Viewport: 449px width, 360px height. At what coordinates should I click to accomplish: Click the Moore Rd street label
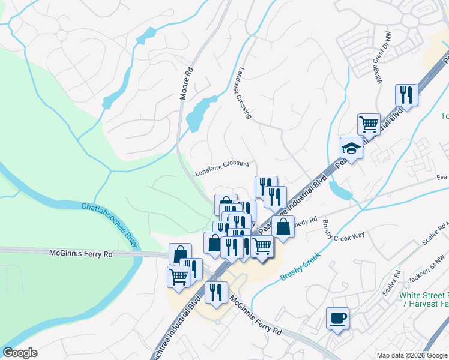click(187, 83)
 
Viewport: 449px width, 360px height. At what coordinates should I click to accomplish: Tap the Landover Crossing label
click(244, 92)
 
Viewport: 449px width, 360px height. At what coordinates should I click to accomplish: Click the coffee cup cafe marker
click(337, 317)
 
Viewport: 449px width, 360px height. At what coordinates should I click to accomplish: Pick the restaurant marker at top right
click(406, 95)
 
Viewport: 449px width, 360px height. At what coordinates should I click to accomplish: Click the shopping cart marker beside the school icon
click(369, 124)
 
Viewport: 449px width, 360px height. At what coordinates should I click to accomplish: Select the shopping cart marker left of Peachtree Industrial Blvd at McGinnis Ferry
click(178, 275)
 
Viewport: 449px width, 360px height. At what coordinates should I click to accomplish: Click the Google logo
click(20, 353)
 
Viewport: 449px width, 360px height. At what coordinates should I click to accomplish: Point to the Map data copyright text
click(412, 355)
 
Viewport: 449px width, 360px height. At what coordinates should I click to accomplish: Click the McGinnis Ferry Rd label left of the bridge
click(81, 254)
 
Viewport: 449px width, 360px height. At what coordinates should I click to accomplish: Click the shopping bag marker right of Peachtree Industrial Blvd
click(283, 227)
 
